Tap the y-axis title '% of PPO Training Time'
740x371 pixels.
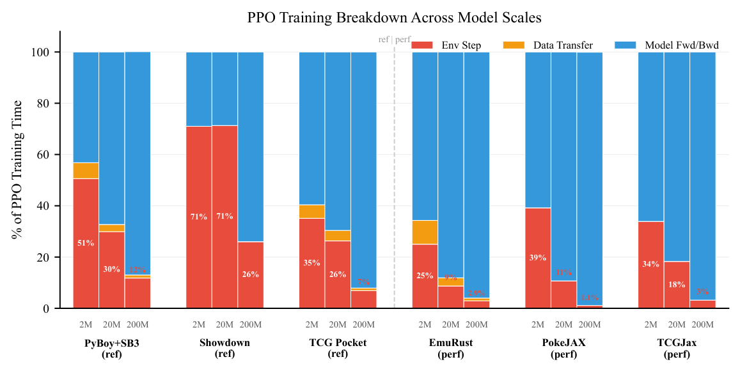click(17, 170)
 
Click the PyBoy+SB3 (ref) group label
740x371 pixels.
click(111, 348)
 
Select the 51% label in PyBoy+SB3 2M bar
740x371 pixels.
click(86, 243)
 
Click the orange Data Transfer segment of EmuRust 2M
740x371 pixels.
click(425, 232)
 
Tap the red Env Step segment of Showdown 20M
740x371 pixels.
click(224, 217)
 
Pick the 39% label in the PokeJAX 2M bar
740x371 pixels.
click(538, 258)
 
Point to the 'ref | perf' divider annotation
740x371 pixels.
click(395, 40)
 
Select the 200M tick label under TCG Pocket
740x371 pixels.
click(363, 325)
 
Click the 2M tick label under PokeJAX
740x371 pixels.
click(538, 325)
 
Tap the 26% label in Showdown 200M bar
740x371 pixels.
click(251, 274)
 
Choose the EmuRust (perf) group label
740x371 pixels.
click(450, 348)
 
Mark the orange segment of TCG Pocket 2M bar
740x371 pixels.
click(312, 212)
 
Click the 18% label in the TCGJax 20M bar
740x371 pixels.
click(677, 285)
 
